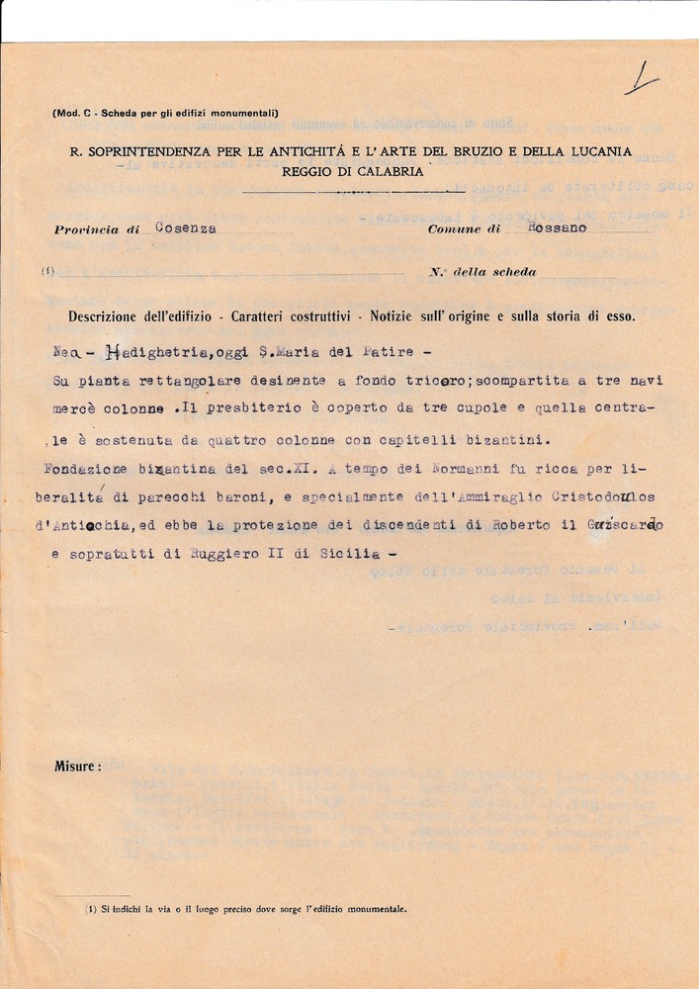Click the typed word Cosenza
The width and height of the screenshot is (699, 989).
[186, 227]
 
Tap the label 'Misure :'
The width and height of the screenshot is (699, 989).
[77, 765]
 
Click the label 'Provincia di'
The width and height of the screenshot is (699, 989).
[98, 229]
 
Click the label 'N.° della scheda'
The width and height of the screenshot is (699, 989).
[483, 272]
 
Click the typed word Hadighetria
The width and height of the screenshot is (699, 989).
[154, 354]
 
